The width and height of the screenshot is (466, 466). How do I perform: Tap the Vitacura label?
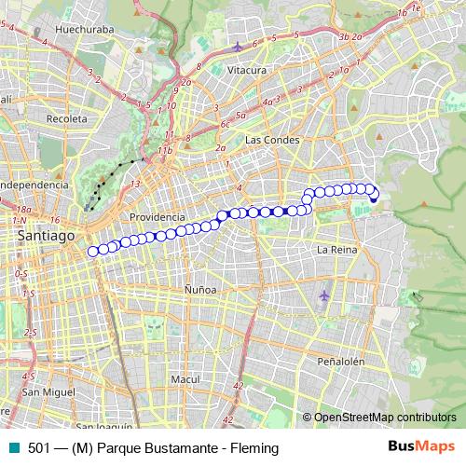tap(247, 70)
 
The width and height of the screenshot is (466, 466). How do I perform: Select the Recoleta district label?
tap(66, 120)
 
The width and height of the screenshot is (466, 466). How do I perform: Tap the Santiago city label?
tap(46, 238)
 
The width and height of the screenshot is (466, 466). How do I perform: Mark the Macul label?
tap(185, 379)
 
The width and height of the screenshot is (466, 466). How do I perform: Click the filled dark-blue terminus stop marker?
tap(374, 197)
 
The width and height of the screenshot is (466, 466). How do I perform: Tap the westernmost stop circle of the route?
tap(92, 251)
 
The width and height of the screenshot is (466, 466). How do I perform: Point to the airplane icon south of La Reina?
tap(323, 295)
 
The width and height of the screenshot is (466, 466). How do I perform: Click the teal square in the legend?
tap(12, 448)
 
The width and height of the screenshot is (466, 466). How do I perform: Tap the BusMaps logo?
tap(420, 447)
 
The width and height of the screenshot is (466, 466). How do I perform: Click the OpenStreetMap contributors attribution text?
tap(384, 417)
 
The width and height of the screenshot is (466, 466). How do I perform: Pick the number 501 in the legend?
tap(38, 448)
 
